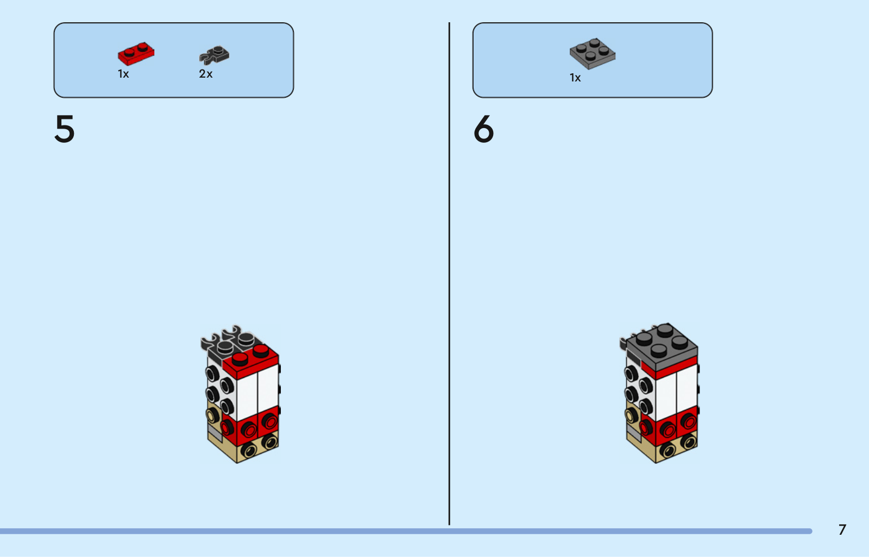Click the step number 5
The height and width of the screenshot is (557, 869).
click(x=65, y=129)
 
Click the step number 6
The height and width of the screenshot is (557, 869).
click(x=483, y=129)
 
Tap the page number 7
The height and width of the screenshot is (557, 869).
click(x=842, y=530)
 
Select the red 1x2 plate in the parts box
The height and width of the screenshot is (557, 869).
click(x=136, y=54)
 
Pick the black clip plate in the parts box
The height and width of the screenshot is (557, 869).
click(x=214, y=55)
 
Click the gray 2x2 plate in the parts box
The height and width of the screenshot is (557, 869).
click(x=593, y=54)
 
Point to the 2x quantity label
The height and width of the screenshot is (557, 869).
click(x=206, y=74)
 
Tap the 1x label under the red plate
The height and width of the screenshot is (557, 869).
click(x=123, y=74)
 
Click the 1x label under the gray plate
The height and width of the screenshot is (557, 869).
click(x=575, y=78)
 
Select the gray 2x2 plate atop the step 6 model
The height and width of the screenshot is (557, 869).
click(x=662, y=345)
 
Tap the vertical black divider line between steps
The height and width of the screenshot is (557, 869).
click(x=449, y=274)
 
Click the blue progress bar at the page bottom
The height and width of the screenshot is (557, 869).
click(x=406, y=531)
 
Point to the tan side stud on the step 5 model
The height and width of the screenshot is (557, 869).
click(x=211, y=416)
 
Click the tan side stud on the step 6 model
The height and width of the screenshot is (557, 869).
click(x=631, y=415)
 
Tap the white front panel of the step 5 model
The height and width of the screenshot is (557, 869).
click(x=257, y=392)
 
